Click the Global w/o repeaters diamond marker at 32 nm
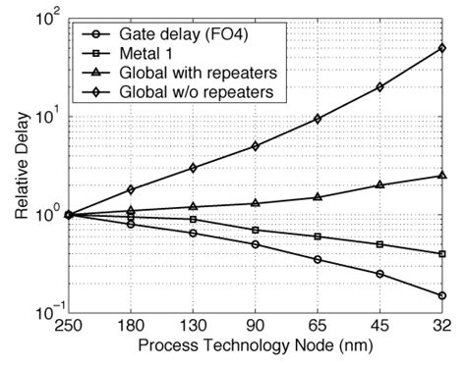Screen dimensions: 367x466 [x=442, y=48]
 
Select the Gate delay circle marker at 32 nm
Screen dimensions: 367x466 [x=442, y=295]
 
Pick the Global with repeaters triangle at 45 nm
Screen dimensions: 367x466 [x=379, y=184]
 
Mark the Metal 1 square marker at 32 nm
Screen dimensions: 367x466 [x=442, y=254]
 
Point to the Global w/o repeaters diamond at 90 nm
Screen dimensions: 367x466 [x=255, y=146]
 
